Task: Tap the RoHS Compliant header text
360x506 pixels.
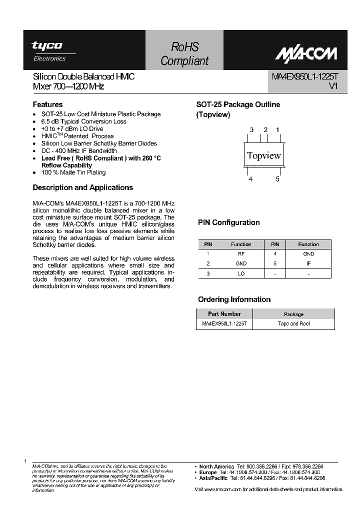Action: pyautogui.click(x=184, y=54)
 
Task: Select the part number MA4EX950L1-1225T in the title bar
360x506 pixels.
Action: pyautogui.click(x=304, y=77)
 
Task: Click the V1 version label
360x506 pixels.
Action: pyautogui.click(x=333, y=86)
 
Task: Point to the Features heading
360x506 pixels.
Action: pyautogui.click(x=47, y=104)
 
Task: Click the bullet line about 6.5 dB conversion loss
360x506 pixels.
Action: pyautogui.click(x=83, y=121)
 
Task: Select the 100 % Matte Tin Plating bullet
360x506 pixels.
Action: pyautogui.click(x=73, y=172)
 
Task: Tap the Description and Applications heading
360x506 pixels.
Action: pyautogui.click(x=82, y=187)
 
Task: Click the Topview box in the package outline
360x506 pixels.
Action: pyautogui.click(x=264, y=155)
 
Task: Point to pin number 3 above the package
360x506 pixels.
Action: pyautogui.click(x=252, y=130)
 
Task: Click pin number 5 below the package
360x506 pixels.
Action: pyautogui.click(x=277, y=179)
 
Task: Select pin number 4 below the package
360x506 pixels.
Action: pyautogui.click(x=250, y=179)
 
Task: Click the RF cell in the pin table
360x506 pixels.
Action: pyautogui.click(x=241, y=253)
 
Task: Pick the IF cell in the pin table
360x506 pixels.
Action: pyautogui.click(x=308, y=263)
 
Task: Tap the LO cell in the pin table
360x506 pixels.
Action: pyautogui.click(x=241, y=273)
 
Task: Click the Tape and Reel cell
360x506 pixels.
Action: pyautogui.click(x=293, y=323)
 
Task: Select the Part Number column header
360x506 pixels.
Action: pyautogui.click(x=224, y=314)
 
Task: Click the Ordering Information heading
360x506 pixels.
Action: pyautogui.click(x=234, y=299)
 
